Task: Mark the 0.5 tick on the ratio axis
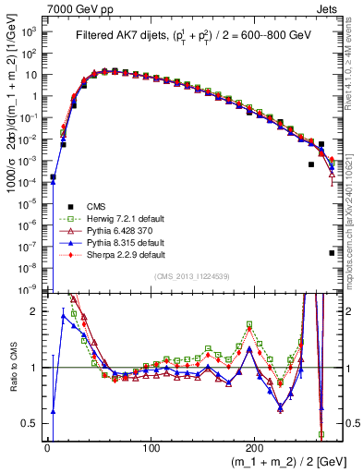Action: pos(30,424)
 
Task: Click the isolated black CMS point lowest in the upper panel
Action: pos(332,252)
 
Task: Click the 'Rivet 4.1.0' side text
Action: pos(355,65)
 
